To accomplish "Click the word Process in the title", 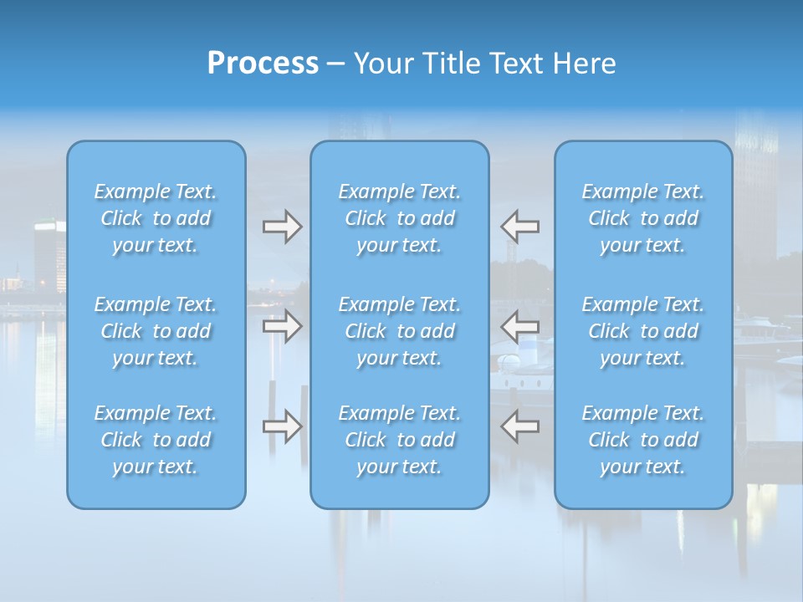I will pos(263,63).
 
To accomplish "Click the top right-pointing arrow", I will pos(282,227).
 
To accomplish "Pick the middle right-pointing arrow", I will pos(282,326).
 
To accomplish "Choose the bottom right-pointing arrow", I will pos(282,426).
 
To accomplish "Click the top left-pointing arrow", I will pos(520,227).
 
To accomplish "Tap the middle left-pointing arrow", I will pos(520,326).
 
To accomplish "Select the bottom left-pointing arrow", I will pos(520,426).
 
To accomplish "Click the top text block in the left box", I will pos(156,218).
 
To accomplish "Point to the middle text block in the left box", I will pos(156,331).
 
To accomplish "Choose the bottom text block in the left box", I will pos(156,440).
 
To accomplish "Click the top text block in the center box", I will pos(400,218).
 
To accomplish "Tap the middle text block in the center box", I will pos(400,331).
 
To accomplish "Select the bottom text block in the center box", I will pos(400,440).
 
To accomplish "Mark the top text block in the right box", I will pos(643,218).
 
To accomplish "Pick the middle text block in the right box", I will pos(643,331).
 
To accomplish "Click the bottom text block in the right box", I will pos(643,440).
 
